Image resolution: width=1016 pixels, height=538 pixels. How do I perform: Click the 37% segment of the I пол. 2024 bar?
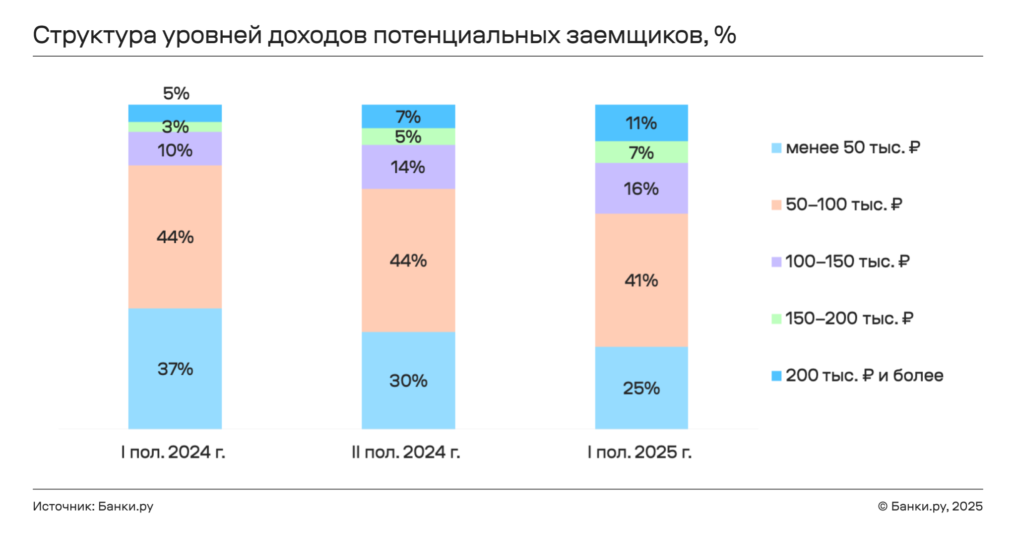click(175, 368)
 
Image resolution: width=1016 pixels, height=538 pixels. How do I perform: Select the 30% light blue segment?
click(408, 380)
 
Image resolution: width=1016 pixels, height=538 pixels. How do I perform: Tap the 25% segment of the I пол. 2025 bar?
click(641, 388)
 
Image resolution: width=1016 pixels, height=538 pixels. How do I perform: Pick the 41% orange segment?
click(641, 280)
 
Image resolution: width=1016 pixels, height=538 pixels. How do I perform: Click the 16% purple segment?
click(641, 188)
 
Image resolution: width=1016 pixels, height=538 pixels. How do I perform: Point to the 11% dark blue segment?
click(641, 123)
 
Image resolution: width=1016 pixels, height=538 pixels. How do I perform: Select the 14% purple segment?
click(408, 167)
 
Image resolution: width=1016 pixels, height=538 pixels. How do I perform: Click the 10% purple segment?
click(175, 148)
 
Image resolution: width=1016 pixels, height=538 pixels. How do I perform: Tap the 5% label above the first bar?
click(176, 93)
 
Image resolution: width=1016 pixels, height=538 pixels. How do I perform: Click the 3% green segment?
click(175, 127)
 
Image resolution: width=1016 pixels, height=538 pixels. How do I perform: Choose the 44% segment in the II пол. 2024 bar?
click(408, 260)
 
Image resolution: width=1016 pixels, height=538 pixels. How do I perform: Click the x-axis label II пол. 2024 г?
click(406, 452)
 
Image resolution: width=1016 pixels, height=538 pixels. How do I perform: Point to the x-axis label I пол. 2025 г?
click(639, 452)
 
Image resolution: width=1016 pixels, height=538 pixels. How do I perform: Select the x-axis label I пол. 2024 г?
click(173, 452)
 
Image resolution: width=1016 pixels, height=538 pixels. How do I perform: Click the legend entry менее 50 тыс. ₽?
click(846, 147)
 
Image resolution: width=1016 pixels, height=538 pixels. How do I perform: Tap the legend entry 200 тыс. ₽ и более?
click(857, 375)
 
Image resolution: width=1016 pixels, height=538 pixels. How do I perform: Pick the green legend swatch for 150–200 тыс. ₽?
click(776, 319)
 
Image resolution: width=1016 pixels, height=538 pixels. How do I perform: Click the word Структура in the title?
click(95, 36)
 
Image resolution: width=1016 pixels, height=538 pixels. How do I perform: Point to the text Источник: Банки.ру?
click(93, 506)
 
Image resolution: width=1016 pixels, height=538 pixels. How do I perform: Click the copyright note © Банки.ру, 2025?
click(930, 506)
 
